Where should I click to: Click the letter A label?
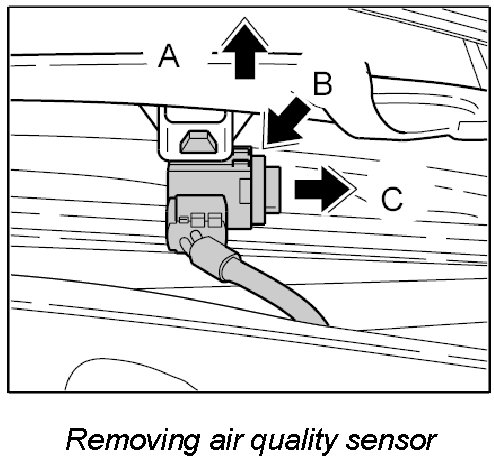coord(169,56)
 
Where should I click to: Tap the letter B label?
coord(322,84)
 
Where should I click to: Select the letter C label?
coord(392,199)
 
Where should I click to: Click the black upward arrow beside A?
coord(245,50)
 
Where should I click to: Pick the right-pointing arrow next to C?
coord(323,189)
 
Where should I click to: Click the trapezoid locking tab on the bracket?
coord(198,142)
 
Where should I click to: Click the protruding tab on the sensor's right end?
coord(273,190)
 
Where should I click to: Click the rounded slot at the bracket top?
coord(195,115)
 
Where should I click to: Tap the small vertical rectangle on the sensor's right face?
coord(245,191)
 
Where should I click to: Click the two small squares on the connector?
coord(205,220)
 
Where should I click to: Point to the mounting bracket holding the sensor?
coord(196,133)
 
